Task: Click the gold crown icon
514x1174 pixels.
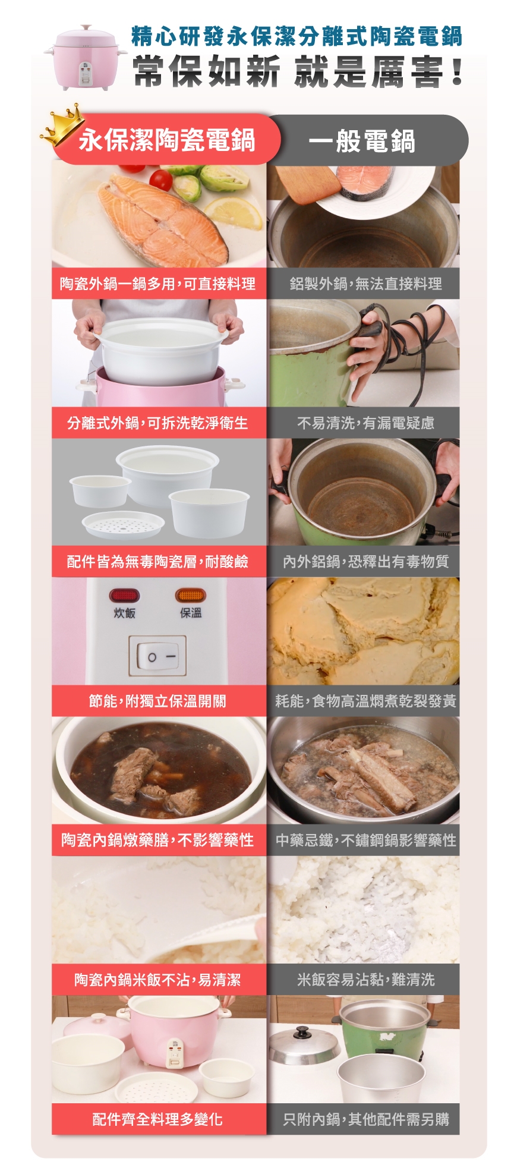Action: pos(62,125)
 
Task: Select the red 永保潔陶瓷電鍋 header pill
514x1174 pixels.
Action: pos(166,140)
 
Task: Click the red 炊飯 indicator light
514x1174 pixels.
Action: pos(124,595)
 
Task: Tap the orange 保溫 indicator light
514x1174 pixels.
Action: pos(191,595)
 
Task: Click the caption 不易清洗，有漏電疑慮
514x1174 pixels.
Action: pos(365,423)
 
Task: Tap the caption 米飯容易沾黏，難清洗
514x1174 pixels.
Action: pos(365,979)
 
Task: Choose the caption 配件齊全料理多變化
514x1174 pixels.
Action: pos(157,1119)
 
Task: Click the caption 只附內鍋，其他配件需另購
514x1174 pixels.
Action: pos(365,1119)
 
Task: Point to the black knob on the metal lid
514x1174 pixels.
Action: pos(302,1032)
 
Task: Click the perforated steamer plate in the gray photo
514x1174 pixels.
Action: pos(123,525)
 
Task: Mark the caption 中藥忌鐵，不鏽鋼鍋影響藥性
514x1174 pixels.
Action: pos(365,840)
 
